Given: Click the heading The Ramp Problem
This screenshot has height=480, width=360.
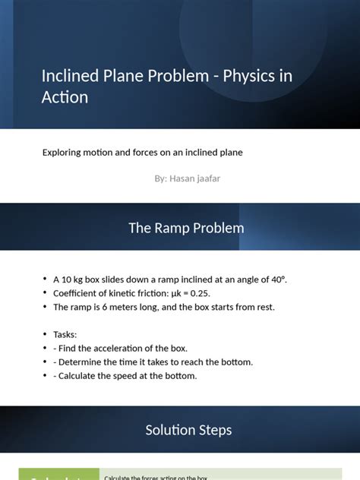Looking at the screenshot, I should coord(185,228).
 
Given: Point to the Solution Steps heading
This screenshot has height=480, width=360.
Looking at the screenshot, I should coord(188,430).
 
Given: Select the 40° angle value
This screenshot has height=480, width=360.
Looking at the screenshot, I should coord(276,279).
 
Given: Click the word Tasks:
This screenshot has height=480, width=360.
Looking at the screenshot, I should coord(65,334).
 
